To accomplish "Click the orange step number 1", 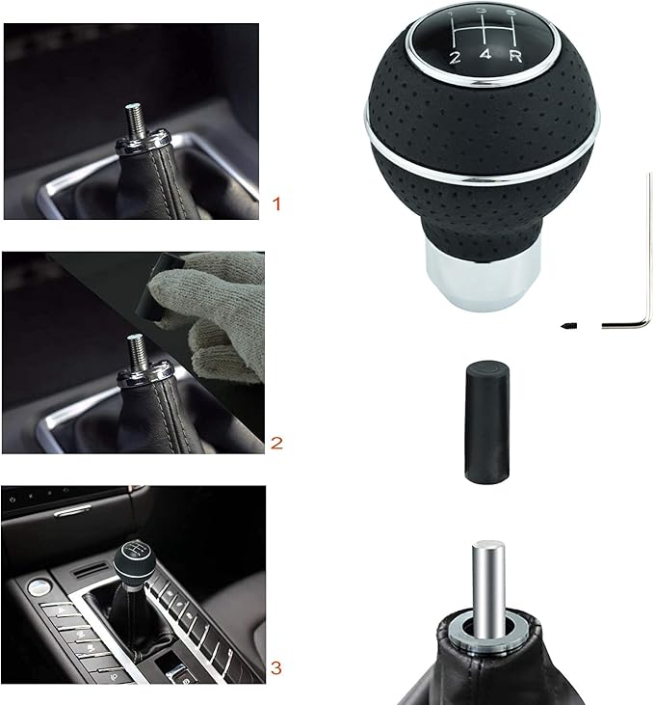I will (276, 204).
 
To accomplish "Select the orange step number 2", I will (276, 444).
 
